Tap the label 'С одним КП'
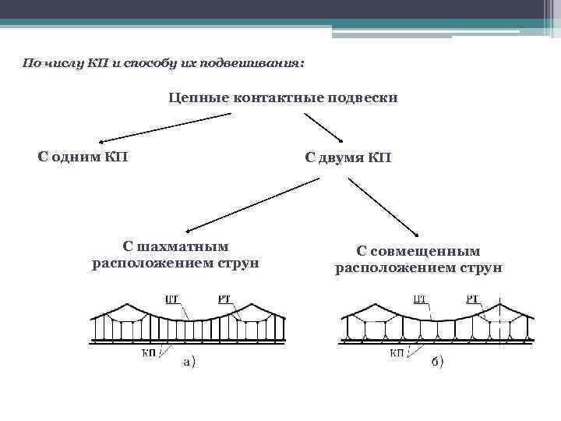83,157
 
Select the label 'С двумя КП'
348,158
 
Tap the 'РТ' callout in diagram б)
472,298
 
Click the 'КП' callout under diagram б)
397,352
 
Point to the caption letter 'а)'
189,361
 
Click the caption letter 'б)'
437,363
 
